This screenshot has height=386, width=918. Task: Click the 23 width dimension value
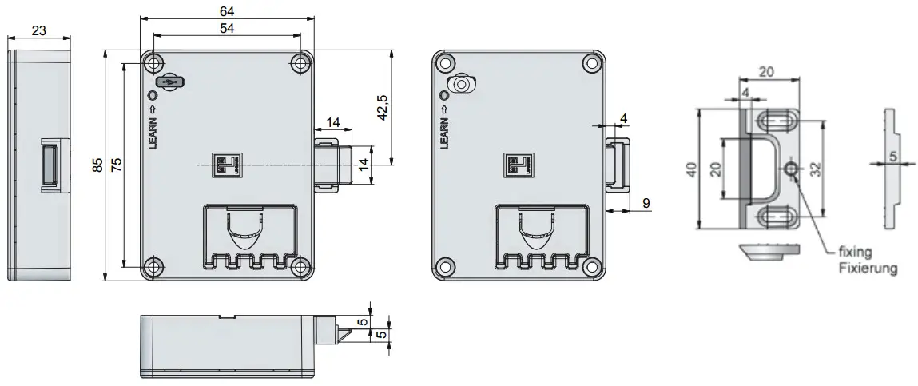pyautogui.click(x=39, y=30)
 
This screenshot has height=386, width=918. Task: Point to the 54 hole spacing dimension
pyautogui.click(x=227, y=29)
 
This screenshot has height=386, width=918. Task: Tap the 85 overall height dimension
pyautogui.click(x=97, y=165)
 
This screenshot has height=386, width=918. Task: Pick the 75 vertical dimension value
pyautogui.click(x=117, y=165)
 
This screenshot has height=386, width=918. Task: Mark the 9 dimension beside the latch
pyautogui.click(x=645, y=204)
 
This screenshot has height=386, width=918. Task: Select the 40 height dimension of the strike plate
pyautogui.click(x=691, y=169)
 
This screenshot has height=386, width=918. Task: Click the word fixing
pyautogui.click(x=854, y=251)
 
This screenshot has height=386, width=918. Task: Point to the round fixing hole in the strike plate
pyautogui.click(x=791, y=169)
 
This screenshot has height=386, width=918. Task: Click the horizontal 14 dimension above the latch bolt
pyautogui.click(x=333, y=122)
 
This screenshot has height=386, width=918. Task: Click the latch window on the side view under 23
pyautogui.click(x=50, y=165)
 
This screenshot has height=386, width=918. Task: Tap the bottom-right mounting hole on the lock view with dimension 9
pyautogui.click(x=590, y=266)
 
